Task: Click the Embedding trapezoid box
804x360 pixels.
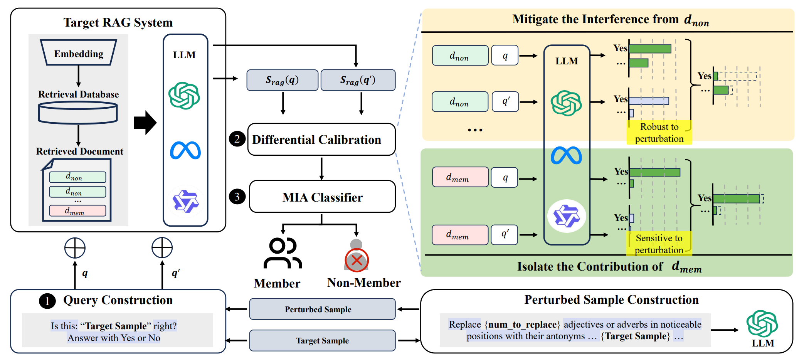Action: point(79,53)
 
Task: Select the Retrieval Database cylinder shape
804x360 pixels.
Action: point(78,113)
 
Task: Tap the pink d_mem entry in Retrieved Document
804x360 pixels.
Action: point(77,211)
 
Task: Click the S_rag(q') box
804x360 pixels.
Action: point(358,80)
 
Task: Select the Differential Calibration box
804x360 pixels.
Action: point(321,140)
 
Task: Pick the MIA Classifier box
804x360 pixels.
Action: point(322,197)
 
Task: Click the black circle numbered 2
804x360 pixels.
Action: point(237,139)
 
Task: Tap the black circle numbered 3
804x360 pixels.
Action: point(237,197)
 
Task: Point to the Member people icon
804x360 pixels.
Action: point(283,253)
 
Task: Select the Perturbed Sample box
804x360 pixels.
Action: point(322,309)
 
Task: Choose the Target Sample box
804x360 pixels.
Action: point(322,340)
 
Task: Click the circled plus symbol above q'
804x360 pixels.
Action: point(162,247)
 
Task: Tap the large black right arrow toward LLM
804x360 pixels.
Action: point(145,123)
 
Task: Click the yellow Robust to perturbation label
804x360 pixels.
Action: point(659,133)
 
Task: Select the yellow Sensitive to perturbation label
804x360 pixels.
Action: point(659,244)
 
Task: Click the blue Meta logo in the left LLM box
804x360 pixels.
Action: point(185,150)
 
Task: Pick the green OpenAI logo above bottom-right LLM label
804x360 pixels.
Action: point(762,324)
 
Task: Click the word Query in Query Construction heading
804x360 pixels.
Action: point(80,300)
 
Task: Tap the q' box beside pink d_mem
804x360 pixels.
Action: point(505,235)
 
